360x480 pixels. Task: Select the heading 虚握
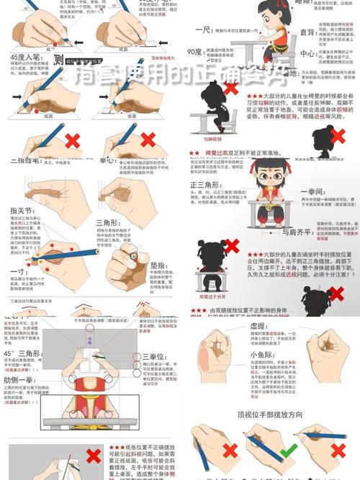pyautogui.click(x=263, y=325)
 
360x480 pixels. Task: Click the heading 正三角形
pyautogui.click(x=204, y=186)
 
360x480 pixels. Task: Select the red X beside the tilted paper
pyautogui.click(x=93, y=456)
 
